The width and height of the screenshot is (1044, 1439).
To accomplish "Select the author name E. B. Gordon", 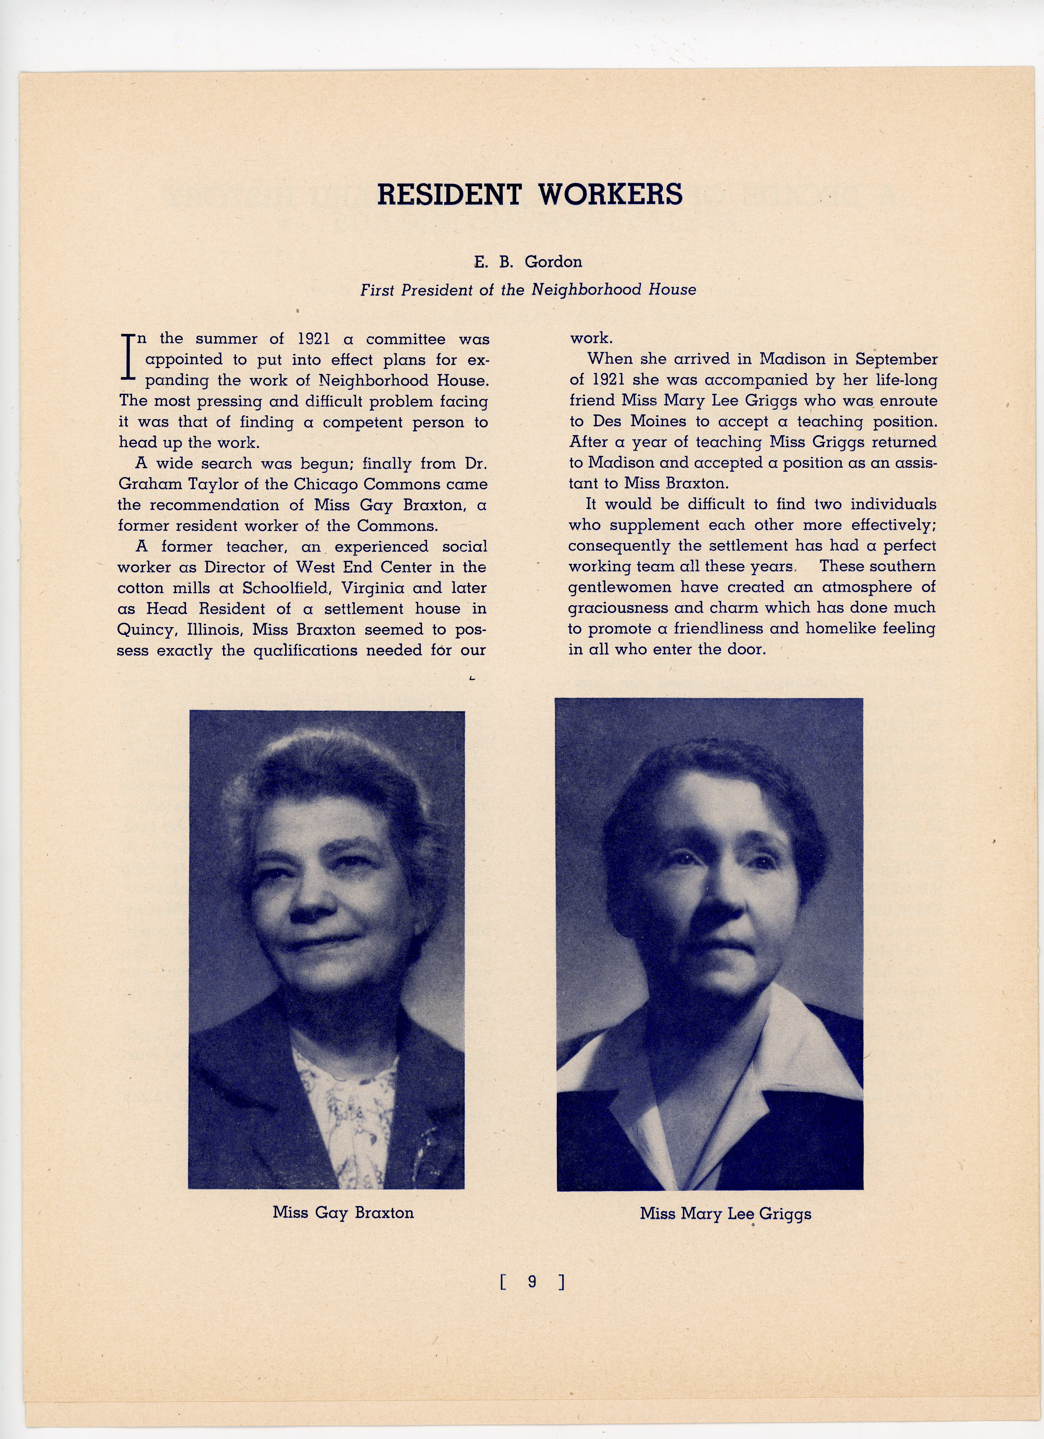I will pyautogui.click(x=528, y=261).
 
